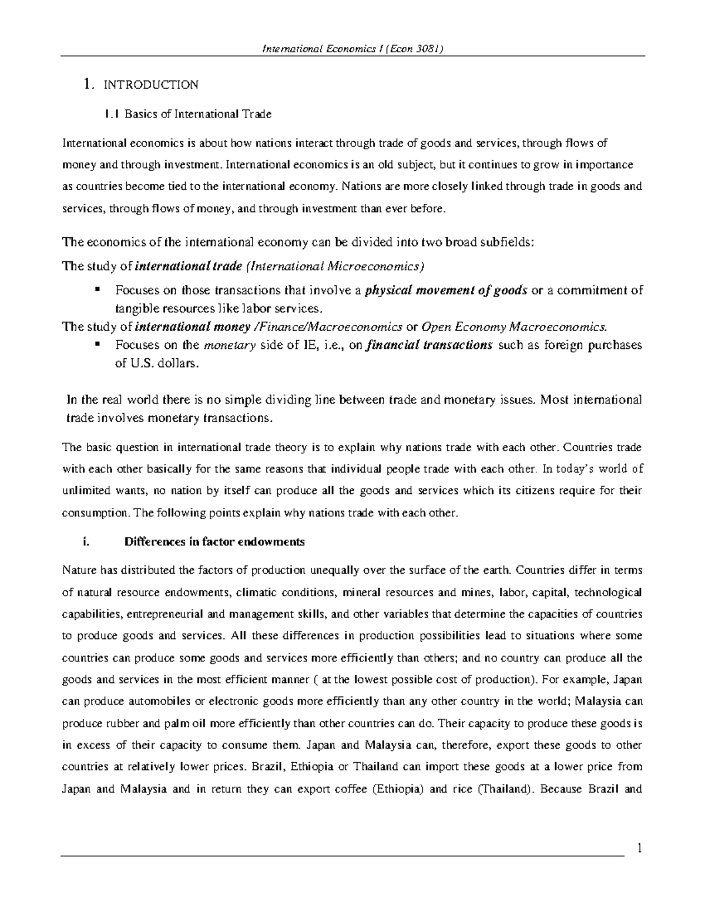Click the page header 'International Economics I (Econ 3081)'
352,49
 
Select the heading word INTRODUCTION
151,85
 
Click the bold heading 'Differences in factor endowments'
214,542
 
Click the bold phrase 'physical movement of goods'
446,290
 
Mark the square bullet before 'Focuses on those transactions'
97,289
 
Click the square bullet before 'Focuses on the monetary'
97,344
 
